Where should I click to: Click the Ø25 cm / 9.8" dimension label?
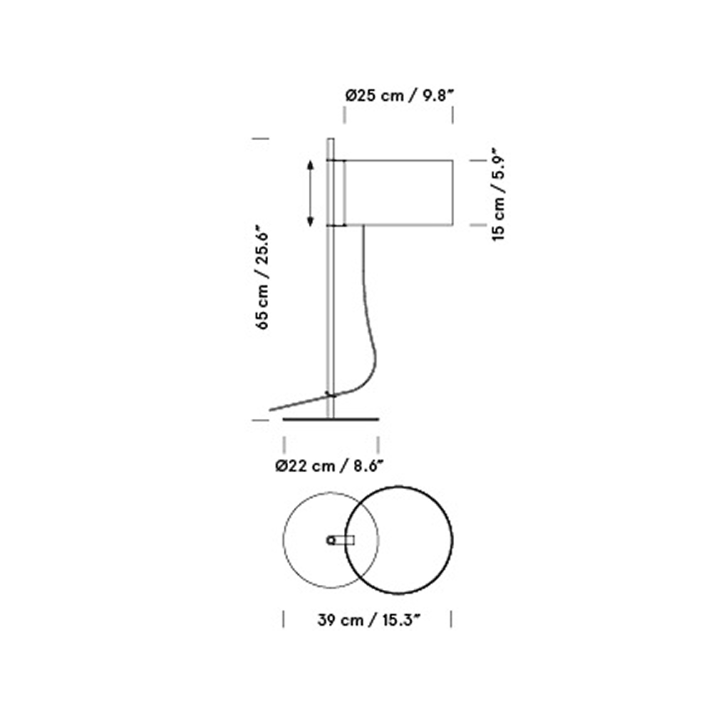[400, 96]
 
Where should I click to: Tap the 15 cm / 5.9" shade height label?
[499, 194]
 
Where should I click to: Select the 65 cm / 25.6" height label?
[262, 277]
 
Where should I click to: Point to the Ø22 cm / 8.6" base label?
[329, 466]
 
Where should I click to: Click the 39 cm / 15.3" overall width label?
[368, 620]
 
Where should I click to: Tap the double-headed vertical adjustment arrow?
[310, 193]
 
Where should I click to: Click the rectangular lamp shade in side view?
[398, 193]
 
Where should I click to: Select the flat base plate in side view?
[330, 419]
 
